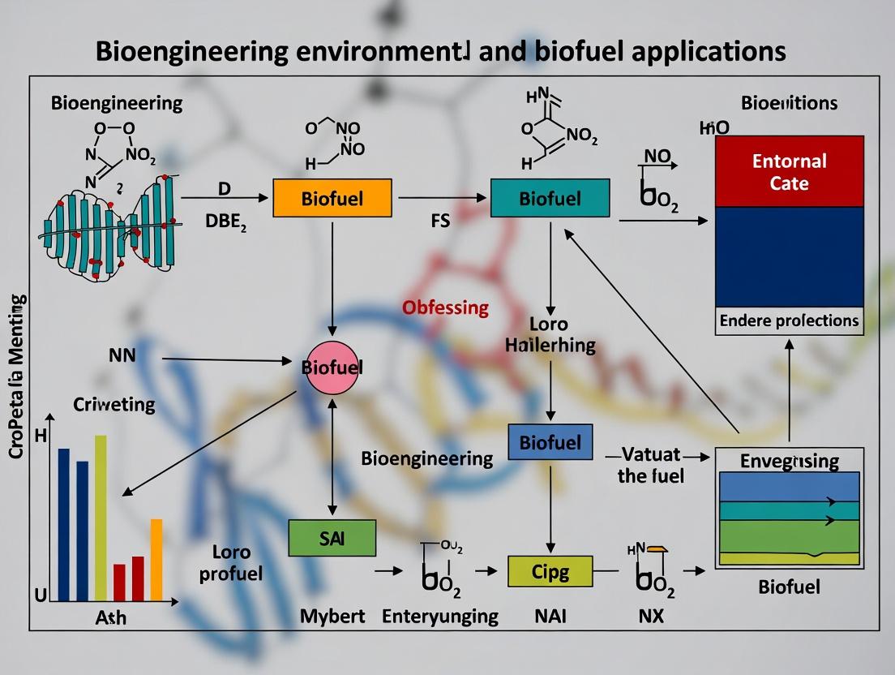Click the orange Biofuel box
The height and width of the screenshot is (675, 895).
point(332,198)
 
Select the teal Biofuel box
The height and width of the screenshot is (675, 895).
point(550,198)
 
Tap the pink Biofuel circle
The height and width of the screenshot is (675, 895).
point(332,368)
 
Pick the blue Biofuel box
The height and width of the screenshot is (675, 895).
point(550,443)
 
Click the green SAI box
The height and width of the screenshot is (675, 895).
point(332,539)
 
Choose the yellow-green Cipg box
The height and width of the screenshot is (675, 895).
point(550,571)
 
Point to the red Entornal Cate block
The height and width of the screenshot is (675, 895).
point(789,171)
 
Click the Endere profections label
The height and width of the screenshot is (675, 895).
point(789,320)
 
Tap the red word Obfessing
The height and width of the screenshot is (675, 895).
point(446,307)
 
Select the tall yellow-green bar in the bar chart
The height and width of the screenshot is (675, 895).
point(101,518)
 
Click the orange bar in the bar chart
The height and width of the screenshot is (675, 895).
point(156,559)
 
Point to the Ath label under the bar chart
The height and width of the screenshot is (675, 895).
point(110,618)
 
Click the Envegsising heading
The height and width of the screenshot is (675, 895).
point(789,461)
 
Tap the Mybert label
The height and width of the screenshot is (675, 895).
point(332,616)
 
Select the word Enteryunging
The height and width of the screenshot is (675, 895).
point(440,616)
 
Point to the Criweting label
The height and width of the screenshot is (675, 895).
point(114,404)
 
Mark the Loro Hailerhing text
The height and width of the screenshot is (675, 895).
point(550,333)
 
